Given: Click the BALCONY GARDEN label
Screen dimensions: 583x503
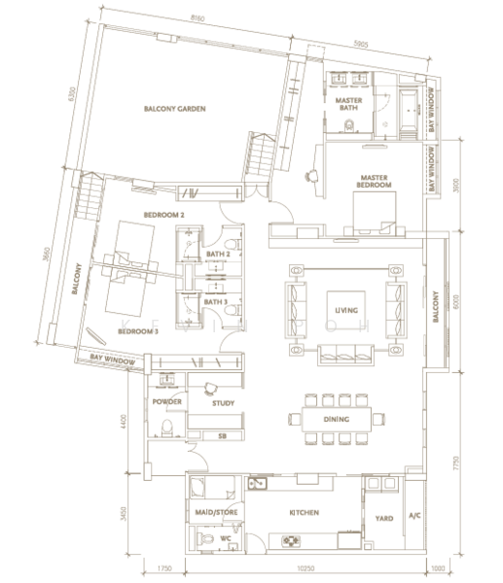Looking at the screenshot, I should click(x=176, y=109).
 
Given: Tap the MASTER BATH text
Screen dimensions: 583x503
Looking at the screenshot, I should click(x=348, y=105).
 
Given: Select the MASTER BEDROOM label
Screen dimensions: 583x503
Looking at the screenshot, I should click(x=375, y=180).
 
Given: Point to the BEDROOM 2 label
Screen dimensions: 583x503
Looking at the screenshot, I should click(x=164, y=214).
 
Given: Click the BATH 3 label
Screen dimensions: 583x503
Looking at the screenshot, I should click(x=216, y=302).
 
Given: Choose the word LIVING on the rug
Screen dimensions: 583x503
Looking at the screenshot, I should click(x=345, y=310).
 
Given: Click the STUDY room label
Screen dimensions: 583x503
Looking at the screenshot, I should click(x=226, y=399).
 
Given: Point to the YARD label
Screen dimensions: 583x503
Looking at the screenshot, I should click(x=382, y=518).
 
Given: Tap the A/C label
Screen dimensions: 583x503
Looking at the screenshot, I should click(x=414, y=515).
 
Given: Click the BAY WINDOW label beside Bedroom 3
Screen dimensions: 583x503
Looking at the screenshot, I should click(x=110, y=360).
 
